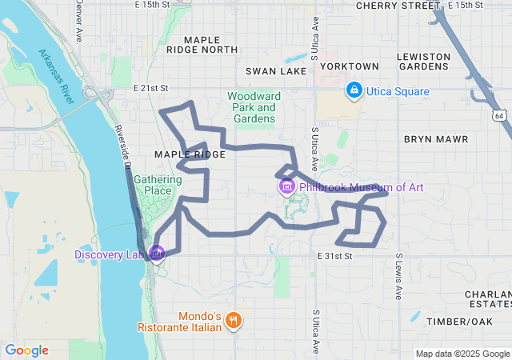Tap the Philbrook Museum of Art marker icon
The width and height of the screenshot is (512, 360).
pos(286,186)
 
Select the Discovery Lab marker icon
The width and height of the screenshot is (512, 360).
pos(157,254)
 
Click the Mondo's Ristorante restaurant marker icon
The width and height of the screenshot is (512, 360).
pos(234,320)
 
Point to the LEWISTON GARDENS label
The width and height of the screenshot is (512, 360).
pos(424,62)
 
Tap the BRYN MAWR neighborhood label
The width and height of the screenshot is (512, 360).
pos(435,139)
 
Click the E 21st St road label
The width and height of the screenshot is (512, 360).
pos(151,87)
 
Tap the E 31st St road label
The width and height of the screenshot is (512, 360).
pos(334,256)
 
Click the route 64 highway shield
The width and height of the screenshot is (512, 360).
pos(498,116)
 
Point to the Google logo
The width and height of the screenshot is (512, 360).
pos(26,350)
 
